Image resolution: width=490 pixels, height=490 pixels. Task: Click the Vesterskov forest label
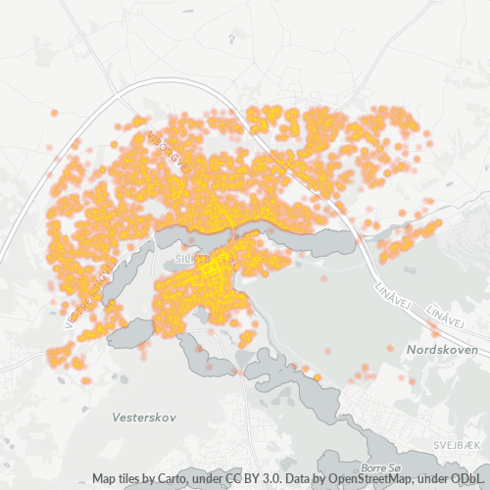point(143,416)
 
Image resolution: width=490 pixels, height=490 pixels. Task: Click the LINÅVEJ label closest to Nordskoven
point(445,316)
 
